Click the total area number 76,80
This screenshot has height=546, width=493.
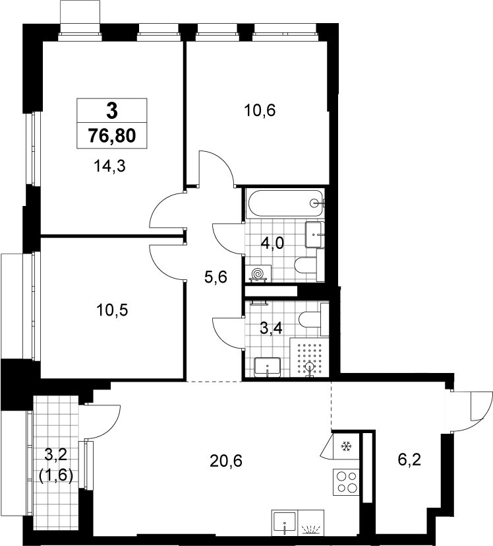coord(112,135)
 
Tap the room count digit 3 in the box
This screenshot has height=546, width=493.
coord(112,111)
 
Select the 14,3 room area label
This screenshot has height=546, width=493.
coord(109,166)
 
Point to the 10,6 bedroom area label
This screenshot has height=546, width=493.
coord(260,110)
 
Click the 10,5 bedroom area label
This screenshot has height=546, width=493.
coord(112,310)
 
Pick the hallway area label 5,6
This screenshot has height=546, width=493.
coord(216,277)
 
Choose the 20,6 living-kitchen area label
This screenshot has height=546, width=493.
coord(226,461)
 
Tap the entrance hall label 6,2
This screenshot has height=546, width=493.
coord(409,460)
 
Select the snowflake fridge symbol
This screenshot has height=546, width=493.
coord(346,446)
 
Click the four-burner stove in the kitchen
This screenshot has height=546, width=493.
coord(346,482)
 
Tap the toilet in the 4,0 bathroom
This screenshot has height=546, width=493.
coord(309,265)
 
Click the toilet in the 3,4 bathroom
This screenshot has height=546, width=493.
coord(314,320)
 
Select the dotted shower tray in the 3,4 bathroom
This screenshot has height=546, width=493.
coord(309,357)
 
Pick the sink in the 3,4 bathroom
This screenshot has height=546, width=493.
coord(268,367)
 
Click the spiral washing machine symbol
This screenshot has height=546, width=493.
coord(258,273)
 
